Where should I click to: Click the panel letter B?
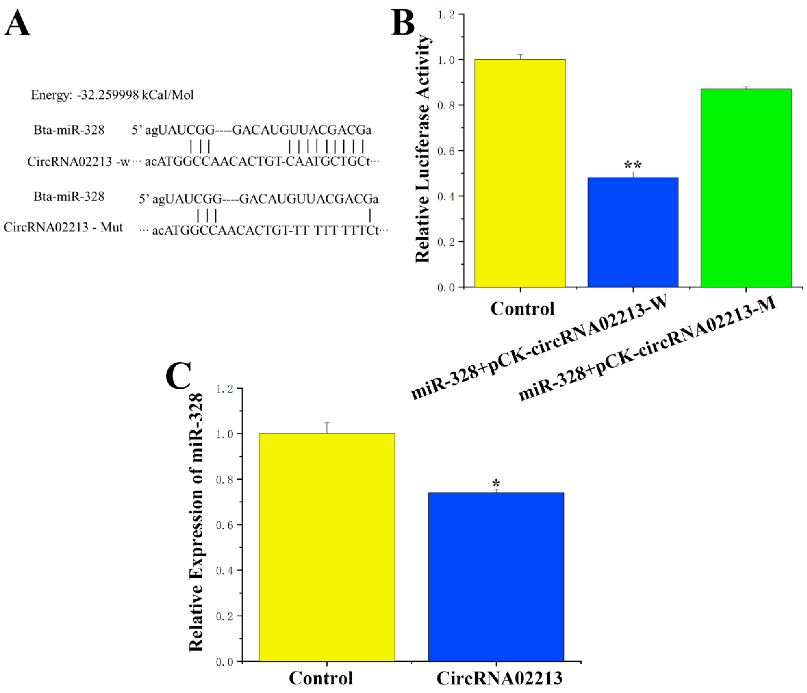(403, 23)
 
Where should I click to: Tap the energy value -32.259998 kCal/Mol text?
(112, 95)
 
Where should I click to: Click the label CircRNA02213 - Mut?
(63, 227)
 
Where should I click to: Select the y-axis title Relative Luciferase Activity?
(423, 149)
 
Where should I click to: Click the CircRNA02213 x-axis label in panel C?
(499, 678)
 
